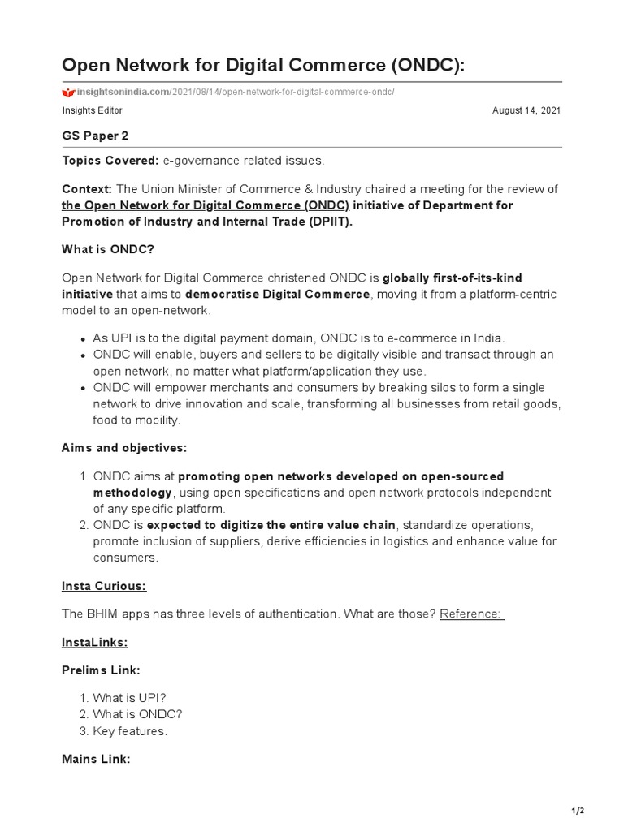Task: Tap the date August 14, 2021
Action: [x=526, y=110]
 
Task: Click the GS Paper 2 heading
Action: [x=95, y=136]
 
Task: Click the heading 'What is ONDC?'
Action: [x=108, y=250]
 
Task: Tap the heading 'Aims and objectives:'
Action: [x=124, y=447]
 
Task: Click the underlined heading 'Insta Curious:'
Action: [x=104, y=586]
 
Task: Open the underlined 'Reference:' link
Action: [x=472, y=614]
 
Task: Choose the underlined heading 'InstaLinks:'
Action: [x=95, y=642]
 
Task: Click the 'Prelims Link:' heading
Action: [x=102, y=670]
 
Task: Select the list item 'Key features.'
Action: [x=130, y=731]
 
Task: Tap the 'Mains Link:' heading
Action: [x=96, y=759]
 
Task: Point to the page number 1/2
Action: [x=577, y=811]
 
